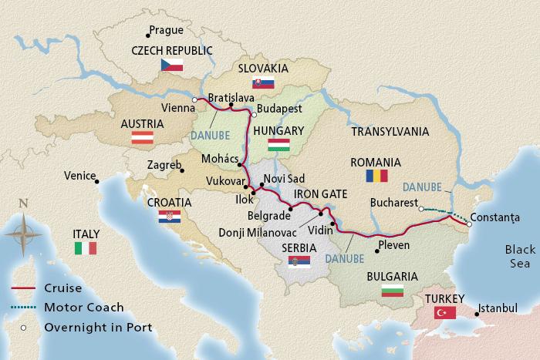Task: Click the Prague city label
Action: point(168,31)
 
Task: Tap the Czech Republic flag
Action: point(171,66)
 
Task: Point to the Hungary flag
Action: point(278,145)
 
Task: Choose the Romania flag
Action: point(376,177)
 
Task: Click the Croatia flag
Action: point(169,217)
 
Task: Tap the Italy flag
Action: point(85,247)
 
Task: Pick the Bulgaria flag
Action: point(393,291)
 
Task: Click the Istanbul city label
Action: point(498,308)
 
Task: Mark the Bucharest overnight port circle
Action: point(420,208)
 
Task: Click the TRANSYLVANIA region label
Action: point(390,133)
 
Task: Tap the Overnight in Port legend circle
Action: point(24,327)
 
